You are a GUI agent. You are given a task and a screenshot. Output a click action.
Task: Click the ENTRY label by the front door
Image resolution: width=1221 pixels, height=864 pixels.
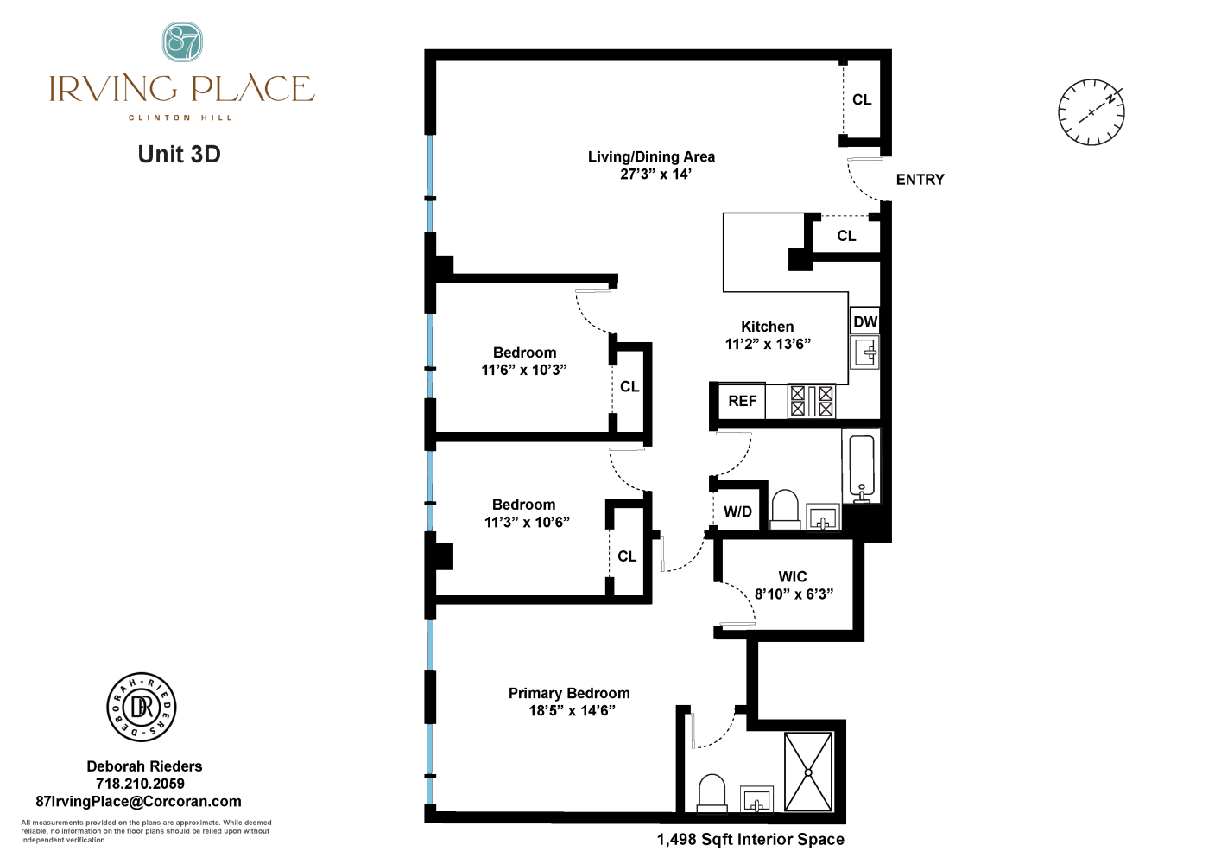pyautogui.click(x=920, y=180)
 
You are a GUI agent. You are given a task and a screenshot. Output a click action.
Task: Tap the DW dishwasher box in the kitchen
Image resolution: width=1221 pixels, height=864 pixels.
pyautogui.click(x=864, y=322)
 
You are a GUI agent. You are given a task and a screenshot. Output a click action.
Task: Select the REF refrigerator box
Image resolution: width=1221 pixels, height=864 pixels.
pyautogui.click(x=742, y=401)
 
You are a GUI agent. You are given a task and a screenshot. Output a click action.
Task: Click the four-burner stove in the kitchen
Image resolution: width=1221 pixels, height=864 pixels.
pyautogui.click(x=812, y=401)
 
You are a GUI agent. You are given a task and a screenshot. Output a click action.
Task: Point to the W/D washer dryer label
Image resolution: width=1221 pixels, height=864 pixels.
pyautogui.click(x=737, y=511)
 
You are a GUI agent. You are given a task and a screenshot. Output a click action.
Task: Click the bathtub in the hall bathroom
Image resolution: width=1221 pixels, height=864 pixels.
pyautogui.click(x=861, y=467)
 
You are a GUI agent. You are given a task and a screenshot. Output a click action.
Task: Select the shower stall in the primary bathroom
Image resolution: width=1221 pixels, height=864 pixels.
pyautogui.click(x=808, y=772)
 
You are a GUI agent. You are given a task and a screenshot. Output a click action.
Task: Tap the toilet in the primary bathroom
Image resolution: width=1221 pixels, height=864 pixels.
pyautogui.click(x=712, y=792)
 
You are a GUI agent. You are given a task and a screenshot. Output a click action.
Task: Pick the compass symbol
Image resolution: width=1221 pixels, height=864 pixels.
pyautogui.click(x=1091, y=112)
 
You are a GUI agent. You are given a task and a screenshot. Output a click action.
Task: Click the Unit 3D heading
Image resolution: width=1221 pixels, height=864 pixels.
pyautogui.click(x=180, y=155)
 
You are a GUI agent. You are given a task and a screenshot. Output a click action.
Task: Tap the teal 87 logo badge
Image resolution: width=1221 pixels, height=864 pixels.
pyautogui.click(x=182, y=41)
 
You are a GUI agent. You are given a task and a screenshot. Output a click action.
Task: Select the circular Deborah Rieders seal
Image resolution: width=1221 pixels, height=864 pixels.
pyautogui.click(x=142, y=708)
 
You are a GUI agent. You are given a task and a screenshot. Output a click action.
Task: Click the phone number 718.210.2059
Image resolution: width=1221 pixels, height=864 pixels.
pyautogui.click(x=140, y=784)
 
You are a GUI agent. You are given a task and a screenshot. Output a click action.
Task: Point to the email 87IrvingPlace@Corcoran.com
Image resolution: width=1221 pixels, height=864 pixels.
pyautogui.click(x=138, y=802)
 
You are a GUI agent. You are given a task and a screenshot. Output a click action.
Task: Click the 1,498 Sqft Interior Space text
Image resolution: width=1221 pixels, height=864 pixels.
pyautogui.click(x=750, y=839)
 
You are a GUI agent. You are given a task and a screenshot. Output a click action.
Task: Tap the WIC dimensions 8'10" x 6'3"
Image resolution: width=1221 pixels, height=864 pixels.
pyautogui.click(x=794, y=594)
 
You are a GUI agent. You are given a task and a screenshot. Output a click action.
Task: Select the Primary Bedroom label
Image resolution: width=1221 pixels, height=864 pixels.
pyautogui.click(x=569, y=693)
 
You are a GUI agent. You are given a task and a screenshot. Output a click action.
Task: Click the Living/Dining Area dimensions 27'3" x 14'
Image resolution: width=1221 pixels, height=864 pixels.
pyautogui.click(x=655, y=175)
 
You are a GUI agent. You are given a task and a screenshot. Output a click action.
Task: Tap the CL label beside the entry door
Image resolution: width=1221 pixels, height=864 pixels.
pyautogui.click(x=862, y=99)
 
